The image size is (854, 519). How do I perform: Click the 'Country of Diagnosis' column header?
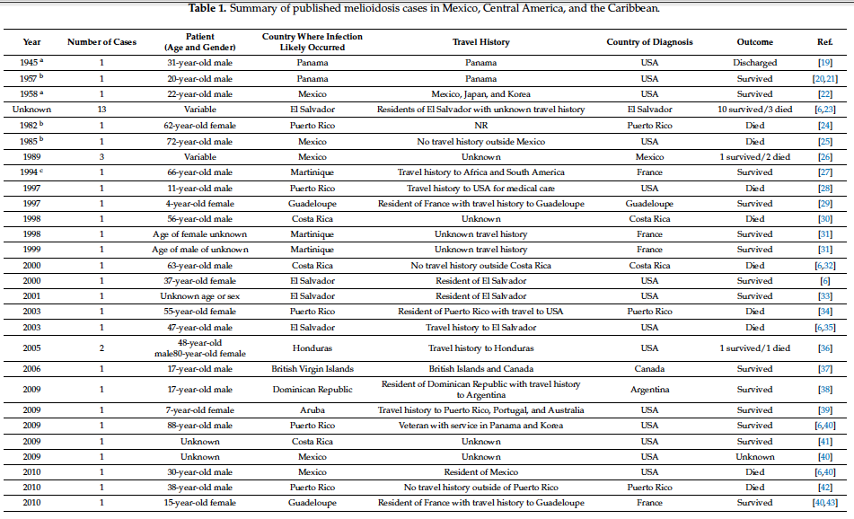coord(649,42)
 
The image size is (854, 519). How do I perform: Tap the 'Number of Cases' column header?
coord(101,42)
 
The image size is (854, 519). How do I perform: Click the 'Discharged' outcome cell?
coord(754,63)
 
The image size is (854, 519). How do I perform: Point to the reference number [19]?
coord(824,63)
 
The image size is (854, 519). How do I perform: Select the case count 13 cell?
coord(101,110)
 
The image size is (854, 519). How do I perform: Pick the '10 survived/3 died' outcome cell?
coord(754,110)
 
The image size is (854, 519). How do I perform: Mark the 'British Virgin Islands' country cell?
coord(312,369)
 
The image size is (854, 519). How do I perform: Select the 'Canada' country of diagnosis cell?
coord(649,369)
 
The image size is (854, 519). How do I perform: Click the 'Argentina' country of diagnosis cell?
coord(649,390)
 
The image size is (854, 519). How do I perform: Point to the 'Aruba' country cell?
coord(312,410)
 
